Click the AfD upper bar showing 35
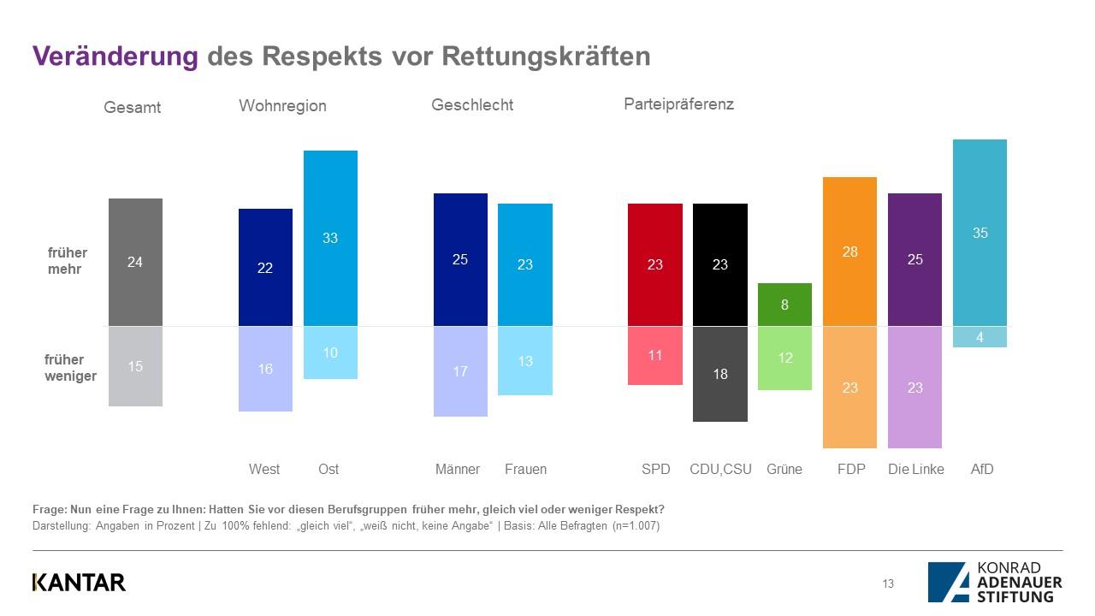[980, 232]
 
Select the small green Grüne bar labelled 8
[784, 305]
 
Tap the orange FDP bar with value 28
[849, 252]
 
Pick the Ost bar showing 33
[330, 238]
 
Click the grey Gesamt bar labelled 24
[135, 262]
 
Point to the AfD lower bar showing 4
[980, 337]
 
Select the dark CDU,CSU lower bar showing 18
[719, 374]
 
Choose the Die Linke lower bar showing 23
[914, 387]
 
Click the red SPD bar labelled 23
[654, 264]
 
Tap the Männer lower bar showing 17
[460, 371]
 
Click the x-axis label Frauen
[525, 469]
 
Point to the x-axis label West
[264, 469]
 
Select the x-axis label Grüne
[784, 469]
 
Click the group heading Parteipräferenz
[678, 104]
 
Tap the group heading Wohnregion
[282, 106]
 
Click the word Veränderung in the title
[115, 56]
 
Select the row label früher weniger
[70, 368]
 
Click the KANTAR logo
[79, 583]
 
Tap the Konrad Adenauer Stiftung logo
[995, 582]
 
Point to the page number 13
[888, 583]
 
